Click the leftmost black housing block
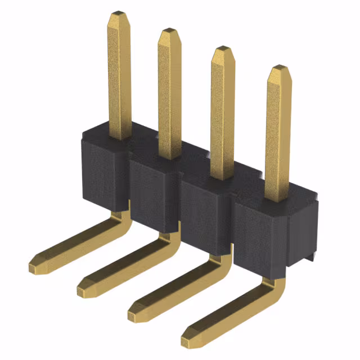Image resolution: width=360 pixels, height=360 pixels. pyautogui.click(x=101, y=169)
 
